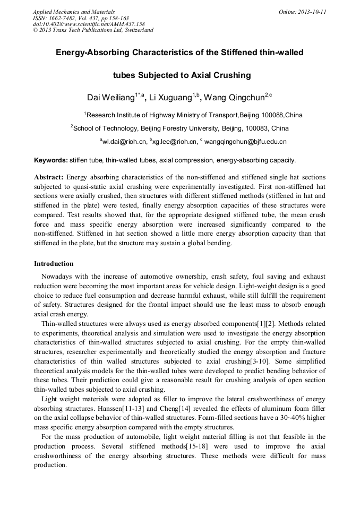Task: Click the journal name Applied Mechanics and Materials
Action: coord(73,11)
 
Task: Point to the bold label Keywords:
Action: coord(50,160)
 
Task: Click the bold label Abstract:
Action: coord(49,177)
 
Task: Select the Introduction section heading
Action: coord(54,264)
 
